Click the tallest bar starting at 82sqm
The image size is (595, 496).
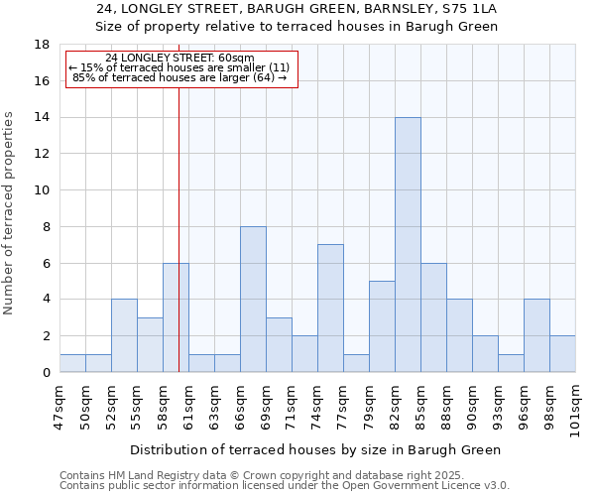point(408,245)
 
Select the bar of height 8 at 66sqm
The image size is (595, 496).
point(253,300)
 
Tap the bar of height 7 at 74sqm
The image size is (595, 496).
point(330,309)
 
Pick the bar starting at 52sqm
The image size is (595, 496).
point(124,335)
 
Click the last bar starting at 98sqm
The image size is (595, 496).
point(562,354)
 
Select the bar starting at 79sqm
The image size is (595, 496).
point(382,326)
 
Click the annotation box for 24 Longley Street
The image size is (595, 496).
point(181,68)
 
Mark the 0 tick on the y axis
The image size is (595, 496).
point(46,372)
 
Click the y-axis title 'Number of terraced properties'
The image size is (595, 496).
point(10,213)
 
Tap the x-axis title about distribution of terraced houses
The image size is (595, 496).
point(315,450)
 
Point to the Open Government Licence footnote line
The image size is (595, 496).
point(285,486)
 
